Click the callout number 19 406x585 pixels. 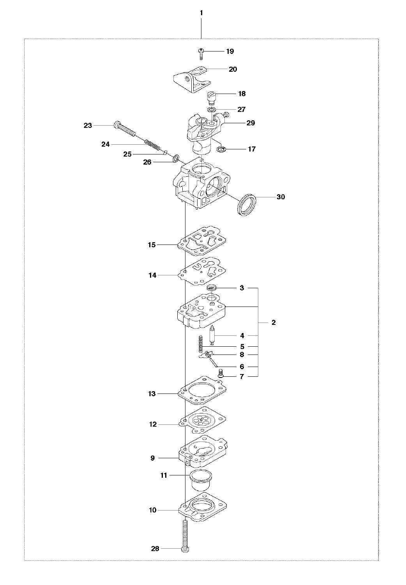[x=230, y=51]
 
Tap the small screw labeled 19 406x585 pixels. [x=201, y=53]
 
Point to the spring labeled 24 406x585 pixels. [x=152, y=145]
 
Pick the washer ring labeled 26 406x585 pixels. [x=176, y=158]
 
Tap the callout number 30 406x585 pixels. [x=281, y=197]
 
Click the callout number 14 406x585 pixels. [x=152, y=275]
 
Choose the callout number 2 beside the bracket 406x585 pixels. [x=274, y=323]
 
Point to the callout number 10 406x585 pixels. [x=152, y=510]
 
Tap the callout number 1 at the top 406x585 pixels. [x=201, y=13]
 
